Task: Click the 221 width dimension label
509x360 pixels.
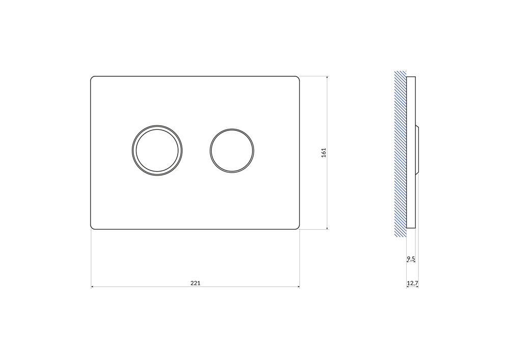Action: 195,283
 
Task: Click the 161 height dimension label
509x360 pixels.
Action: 324,153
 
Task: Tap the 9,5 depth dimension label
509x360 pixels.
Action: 411,259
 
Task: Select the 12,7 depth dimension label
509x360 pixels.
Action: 413,283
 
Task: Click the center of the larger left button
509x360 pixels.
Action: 157,150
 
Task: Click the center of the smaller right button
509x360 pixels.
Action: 232,151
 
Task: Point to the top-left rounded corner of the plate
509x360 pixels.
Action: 92,77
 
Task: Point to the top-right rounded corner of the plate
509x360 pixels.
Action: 298,77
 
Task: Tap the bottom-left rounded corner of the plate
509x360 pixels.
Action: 92,228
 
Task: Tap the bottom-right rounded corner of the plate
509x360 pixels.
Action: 298,228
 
